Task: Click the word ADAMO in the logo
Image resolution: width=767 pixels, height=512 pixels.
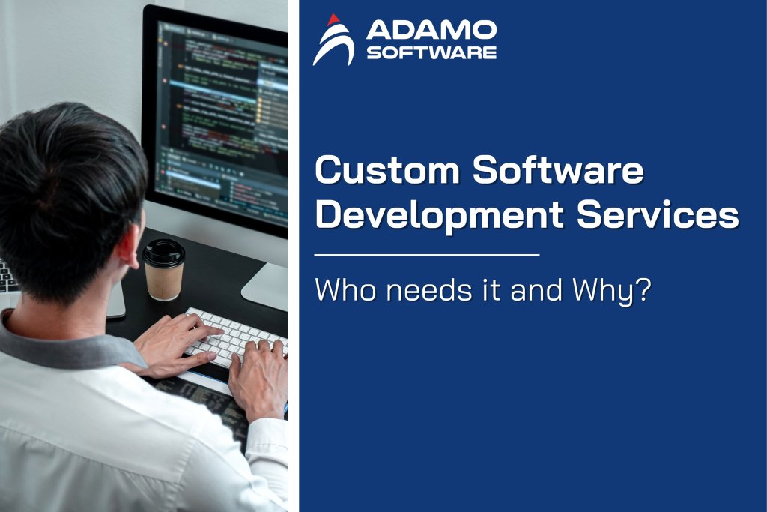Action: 431,31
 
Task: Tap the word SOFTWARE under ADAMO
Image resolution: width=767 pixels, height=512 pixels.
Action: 431,52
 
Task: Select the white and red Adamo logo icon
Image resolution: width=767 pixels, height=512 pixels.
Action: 333,40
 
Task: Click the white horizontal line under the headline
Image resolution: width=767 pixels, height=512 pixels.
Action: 427,255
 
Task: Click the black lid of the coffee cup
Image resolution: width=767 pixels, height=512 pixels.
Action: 163,253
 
